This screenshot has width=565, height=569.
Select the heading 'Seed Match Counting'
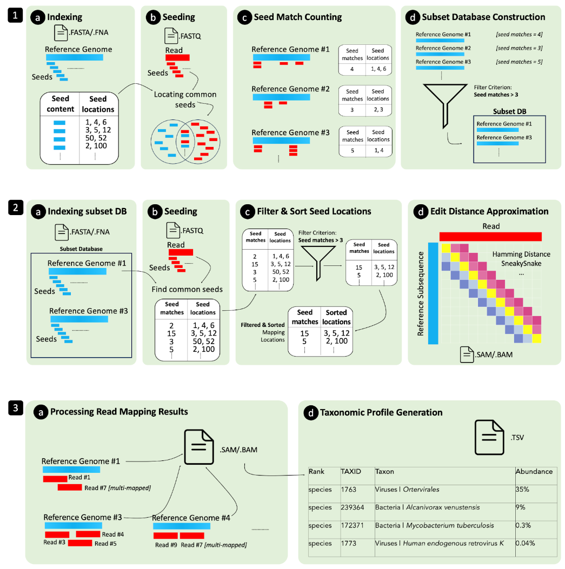[290, 17]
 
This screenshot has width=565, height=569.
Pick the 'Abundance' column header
[534, 471]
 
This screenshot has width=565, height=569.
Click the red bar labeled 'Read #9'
[165, 535]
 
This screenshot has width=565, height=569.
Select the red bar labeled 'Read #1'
[55, 478]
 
